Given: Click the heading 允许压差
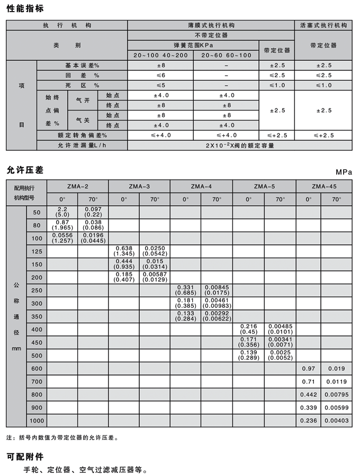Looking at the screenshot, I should [25, 170].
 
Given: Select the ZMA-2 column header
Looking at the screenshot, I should [78, 186].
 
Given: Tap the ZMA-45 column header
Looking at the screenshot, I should [324, 186].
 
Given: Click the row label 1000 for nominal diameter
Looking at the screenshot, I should [37, 421].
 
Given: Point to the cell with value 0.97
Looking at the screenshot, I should [309, 368].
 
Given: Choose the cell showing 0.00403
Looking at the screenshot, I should [337, 421].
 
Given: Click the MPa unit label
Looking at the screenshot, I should [344, 172].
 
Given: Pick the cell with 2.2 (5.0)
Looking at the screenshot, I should [62, 212].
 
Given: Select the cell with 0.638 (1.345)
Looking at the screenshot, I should [124, 251].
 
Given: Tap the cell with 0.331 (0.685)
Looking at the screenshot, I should [185, 290].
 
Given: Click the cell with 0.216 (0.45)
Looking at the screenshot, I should [248, 329].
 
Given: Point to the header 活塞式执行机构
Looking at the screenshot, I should [323, 25].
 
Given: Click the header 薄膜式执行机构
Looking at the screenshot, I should [211, 25].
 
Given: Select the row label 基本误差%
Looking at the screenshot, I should [82, 65].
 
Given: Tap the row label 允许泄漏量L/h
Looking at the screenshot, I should [82, 145].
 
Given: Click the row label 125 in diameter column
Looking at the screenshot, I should [37, 251].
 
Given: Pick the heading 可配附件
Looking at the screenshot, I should [25, 456].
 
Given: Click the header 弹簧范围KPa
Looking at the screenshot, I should [193, 45].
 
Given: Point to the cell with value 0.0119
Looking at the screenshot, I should [337, 381].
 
